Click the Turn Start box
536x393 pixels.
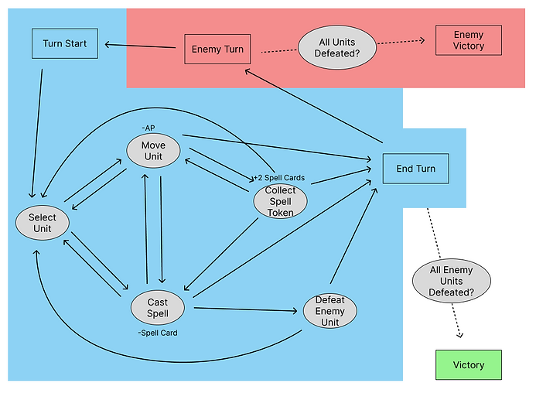64,43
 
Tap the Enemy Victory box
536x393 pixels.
469,41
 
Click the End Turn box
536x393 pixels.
415,169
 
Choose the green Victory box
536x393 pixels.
468,365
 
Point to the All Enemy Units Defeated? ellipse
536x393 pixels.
452,282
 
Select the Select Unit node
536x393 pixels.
43,223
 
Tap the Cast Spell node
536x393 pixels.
158,307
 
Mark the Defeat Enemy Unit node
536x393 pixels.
330,311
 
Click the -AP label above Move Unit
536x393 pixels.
149,127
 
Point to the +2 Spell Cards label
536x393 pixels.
279,178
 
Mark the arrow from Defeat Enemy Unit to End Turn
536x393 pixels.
353,237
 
